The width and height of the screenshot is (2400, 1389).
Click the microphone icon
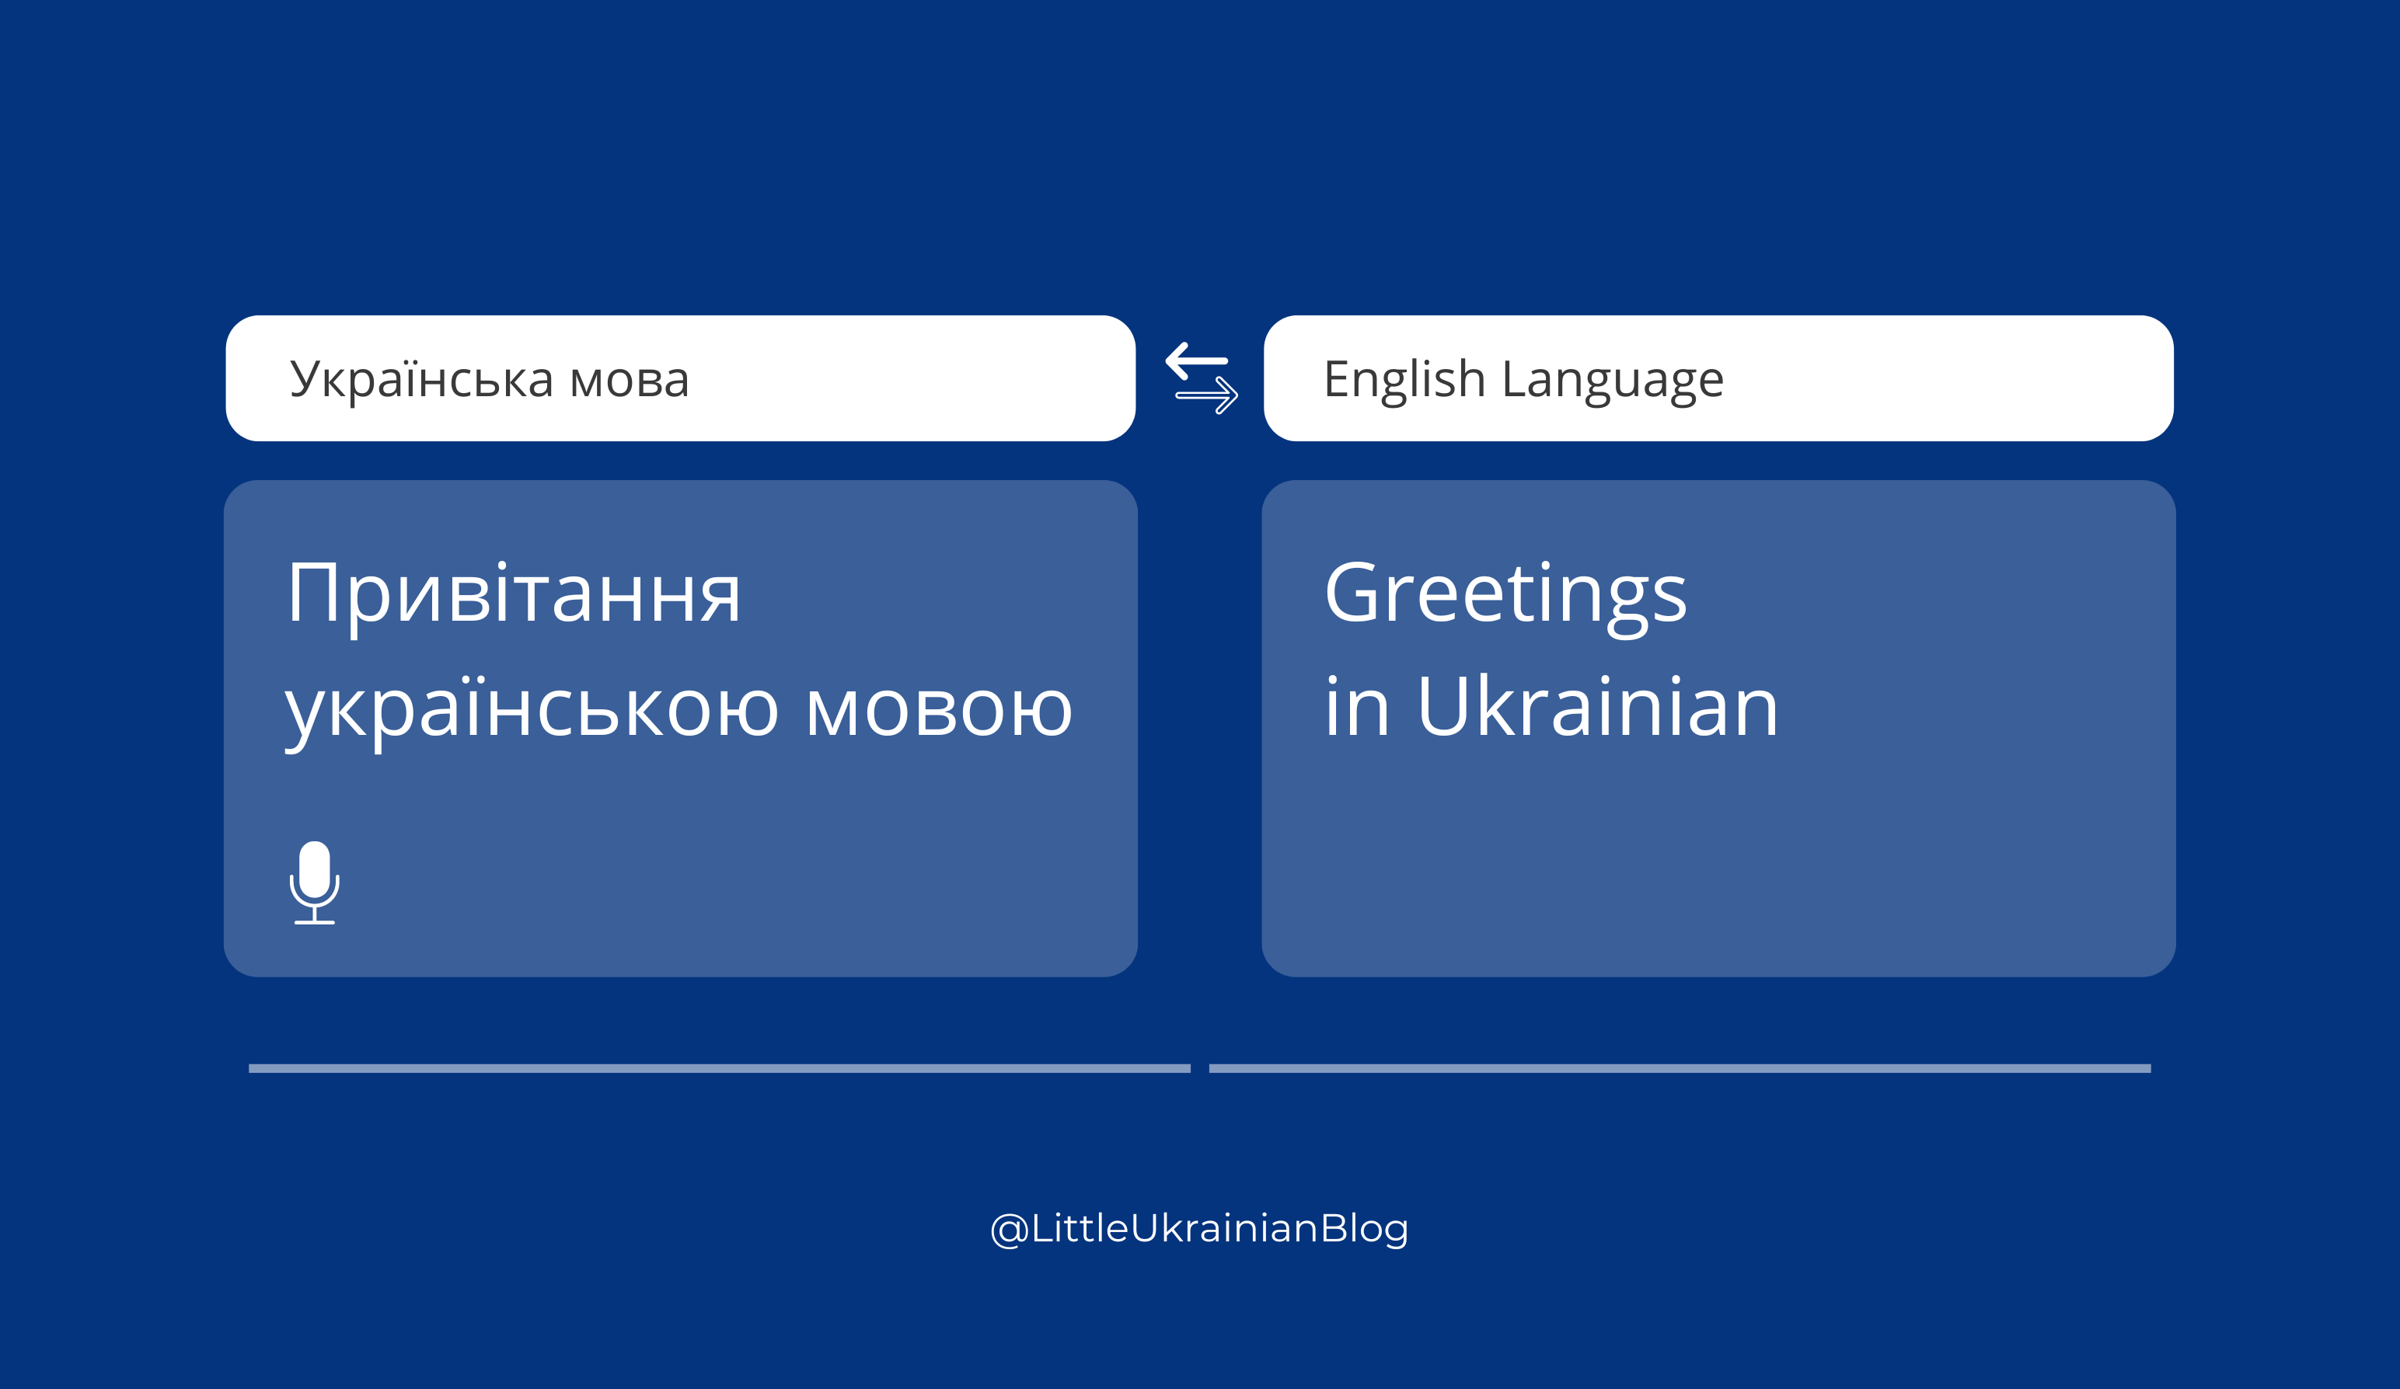(x=314, y=882)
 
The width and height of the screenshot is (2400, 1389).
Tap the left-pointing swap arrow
(x=1197, y=360)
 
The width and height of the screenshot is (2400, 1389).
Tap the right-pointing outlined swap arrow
(x=1207, y=395)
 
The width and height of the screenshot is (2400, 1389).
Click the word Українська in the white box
(x=421, y=380)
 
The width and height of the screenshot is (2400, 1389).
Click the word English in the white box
(x=1404, y=380)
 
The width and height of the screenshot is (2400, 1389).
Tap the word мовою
(x=939, y=710)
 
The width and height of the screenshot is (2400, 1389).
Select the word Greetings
(x=1505, y=596)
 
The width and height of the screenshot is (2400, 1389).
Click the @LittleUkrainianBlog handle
(x=1200, y=1228)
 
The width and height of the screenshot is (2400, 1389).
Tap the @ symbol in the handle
(x=1009, y=1230)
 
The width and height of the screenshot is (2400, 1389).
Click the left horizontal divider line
(x=720, y=1068)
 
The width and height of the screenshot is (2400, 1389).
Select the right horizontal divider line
(x=1680, y=1068)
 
